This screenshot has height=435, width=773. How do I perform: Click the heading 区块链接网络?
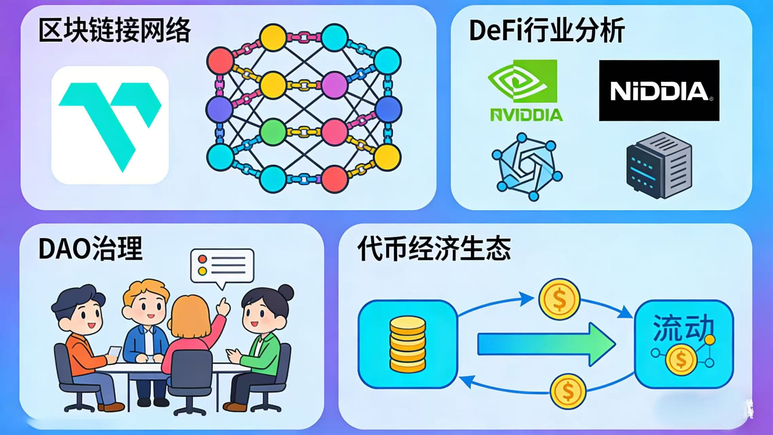pos(114,31)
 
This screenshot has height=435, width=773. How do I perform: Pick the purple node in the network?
pos(335,85)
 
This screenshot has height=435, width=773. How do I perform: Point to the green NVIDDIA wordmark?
pos(526,115)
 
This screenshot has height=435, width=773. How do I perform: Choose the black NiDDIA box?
pos(659,90)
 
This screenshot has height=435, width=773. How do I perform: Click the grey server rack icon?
pos(659,166)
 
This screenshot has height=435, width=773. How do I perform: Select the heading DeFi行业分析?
pos(546,31)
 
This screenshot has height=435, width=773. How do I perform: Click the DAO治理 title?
pos(90,248)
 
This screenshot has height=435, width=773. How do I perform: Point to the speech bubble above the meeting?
pos(222,266)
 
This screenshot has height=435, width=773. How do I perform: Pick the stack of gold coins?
pos(407,344)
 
